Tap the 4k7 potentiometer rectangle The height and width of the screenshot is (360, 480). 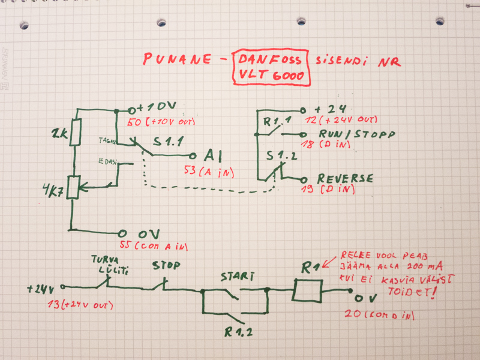click(x=73, y=186)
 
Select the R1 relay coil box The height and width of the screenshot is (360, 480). click(x=307, y=290)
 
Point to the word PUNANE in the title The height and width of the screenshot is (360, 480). click(x=176, y=59)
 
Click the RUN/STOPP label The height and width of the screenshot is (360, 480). click(x=356, y=134)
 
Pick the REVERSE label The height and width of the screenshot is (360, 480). click(x=345, y=179)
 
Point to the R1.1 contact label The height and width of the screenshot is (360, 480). click(x=275, y=123)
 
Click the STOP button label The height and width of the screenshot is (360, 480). click(x=166, y=265)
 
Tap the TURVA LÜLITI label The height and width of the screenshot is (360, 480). click(x=109, y=265)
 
